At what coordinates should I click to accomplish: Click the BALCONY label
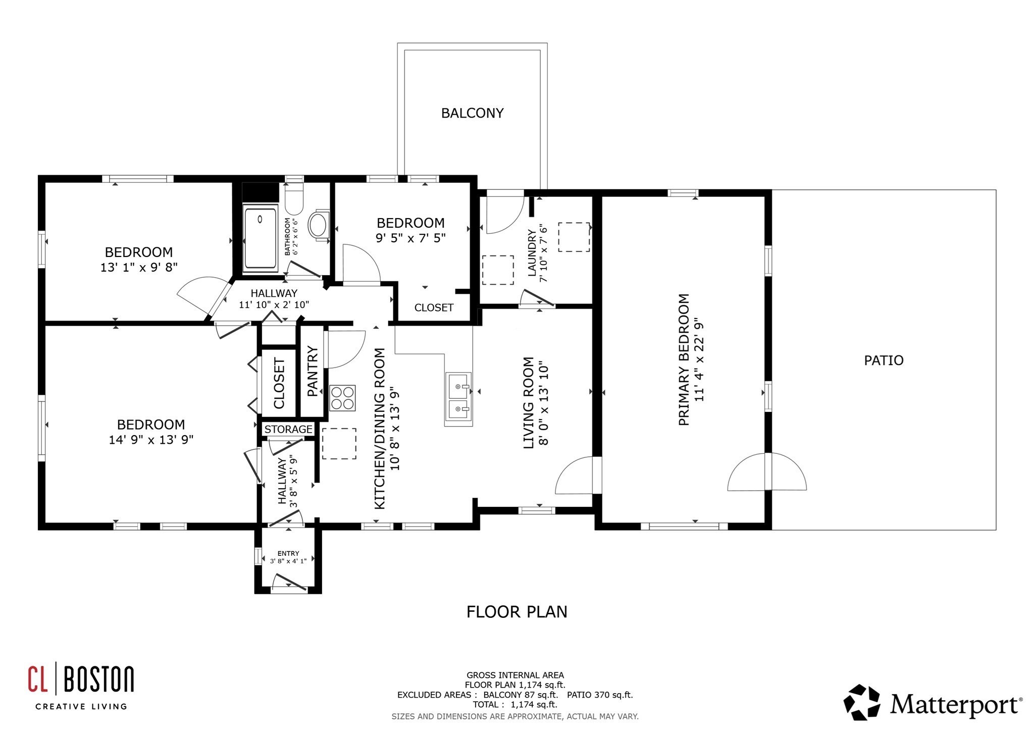point(472,113)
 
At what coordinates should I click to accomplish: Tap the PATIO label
point(884,360)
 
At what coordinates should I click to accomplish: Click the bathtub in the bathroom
point(260,237)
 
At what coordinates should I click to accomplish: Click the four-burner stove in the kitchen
point(342,397)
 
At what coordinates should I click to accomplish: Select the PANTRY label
point(313,371)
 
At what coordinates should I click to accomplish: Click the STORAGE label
point(288,429)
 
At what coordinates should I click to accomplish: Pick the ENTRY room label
point(288,553)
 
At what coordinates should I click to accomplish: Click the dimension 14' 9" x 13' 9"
point(151,440)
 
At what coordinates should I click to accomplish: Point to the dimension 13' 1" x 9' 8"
point(139,267)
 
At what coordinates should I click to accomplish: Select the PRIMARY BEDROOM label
point(684,359)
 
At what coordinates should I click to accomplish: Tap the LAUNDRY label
point(532,253)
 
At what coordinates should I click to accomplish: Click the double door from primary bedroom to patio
point(767,472)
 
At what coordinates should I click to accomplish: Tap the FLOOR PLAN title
point(516,612)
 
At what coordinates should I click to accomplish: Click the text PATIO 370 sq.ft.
point(599,695)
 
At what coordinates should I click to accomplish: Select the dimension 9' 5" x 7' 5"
point(410,238)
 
